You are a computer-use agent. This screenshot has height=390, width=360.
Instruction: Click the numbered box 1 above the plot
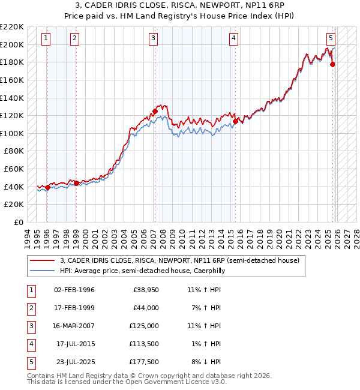pyautogui.click(x=46, y=38)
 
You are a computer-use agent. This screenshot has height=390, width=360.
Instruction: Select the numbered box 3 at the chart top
pyautogui.click(x=154, y=38)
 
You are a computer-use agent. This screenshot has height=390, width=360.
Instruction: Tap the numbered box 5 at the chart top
pyautogui.click(x=331, y=38)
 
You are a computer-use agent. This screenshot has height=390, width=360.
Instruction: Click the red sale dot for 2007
pyautogui.click(x=155, y=111)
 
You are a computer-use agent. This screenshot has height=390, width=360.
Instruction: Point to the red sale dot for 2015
pyautogui.click(x=236, y=121)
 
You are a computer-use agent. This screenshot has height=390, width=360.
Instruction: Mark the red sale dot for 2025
pyautogui.click(x=332, y=64)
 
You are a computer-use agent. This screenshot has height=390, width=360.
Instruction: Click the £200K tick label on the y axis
pyautogui.click(x=12, y=44)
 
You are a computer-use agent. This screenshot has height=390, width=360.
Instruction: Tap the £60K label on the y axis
pyautogui.click(x=14, y=169)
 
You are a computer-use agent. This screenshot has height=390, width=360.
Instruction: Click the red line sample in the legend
pyautogui.click(x=42, y=260)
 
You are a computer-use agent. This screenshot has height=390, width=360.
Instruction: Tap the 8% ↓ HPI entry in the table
pyautogui.click(x=205, y=362)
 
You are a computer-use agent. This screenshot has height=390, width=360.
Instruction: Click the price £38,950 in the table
pyautogui.click(x=144, y=290)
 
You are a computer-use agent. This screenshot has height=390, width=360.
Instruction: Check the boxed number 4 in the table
pyautogui.click(x=30, y=344)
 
